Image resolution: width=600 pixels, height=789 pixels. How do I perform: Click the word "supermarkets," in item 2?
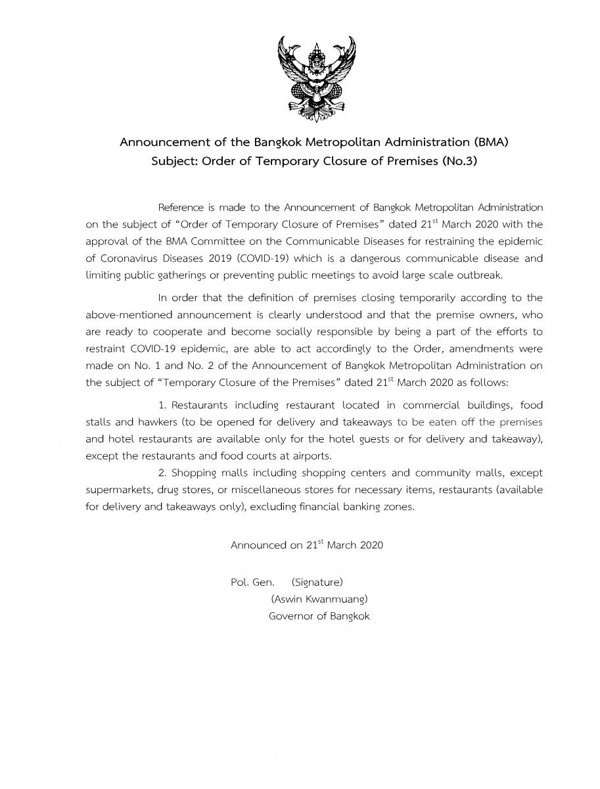click(x=118, y=490)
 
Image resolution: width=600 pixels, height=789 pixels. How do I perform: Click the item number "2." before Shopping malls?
click(x=163, y=473)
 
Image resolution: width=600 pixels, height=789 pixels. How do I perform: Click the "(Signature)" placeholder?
click(x=317, y=582)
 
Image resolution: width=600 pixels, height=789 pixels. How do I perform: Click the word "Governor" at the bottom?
click(x=290, y=616)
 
